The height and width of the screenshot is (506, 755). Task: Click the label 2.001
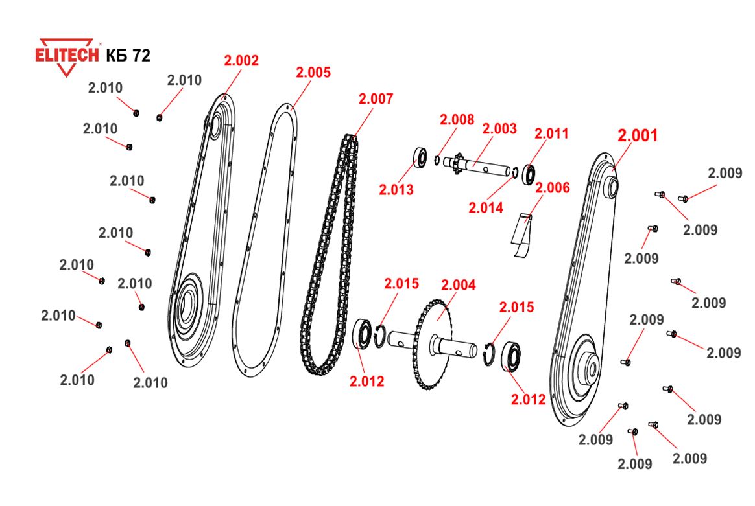(x=638, y=135)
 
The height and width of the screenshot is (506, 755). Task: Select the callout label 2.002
(x=241, y=61)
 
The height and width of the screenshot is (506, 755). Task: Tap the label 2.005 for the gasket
(x=313, y=73)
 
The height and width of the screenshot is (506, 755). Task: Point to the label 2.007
(x=376, y=99)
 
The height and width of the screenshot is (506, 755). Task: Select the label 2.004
(x=458, y=285)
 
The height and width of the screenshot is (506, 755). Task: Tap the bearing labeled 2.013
(x=420, y=158)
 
